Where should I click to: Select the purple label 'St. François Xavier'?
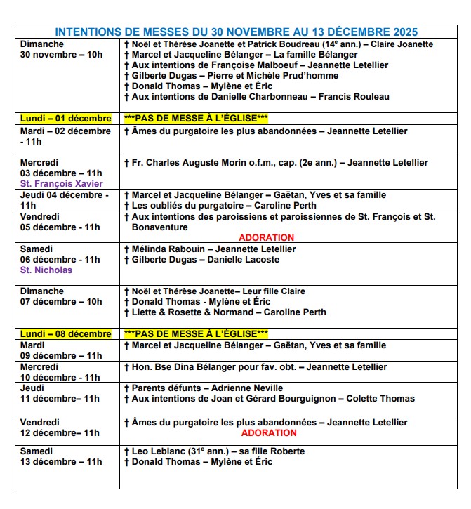(61, 184)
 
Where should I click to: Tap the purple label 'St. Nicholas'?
(46, 270)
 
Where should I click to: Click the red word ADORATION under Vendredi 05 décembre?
(267, 237)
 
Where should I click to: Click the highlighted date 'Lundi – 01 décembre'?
(66, 118)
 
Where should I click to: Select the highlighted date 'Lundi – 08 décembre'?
(66, 333)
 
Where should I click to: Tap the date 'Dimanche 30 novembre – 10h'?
(61, 49)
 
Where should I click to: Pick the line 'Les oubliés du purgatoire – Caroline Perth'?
(220, 206)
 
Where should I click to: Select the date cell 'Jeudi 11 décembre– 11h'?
(60, 393)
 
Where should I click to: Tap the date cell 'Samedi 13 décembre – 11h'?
(61, 456)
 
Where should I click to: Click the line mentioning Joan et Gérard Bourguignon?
(270, 398)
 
